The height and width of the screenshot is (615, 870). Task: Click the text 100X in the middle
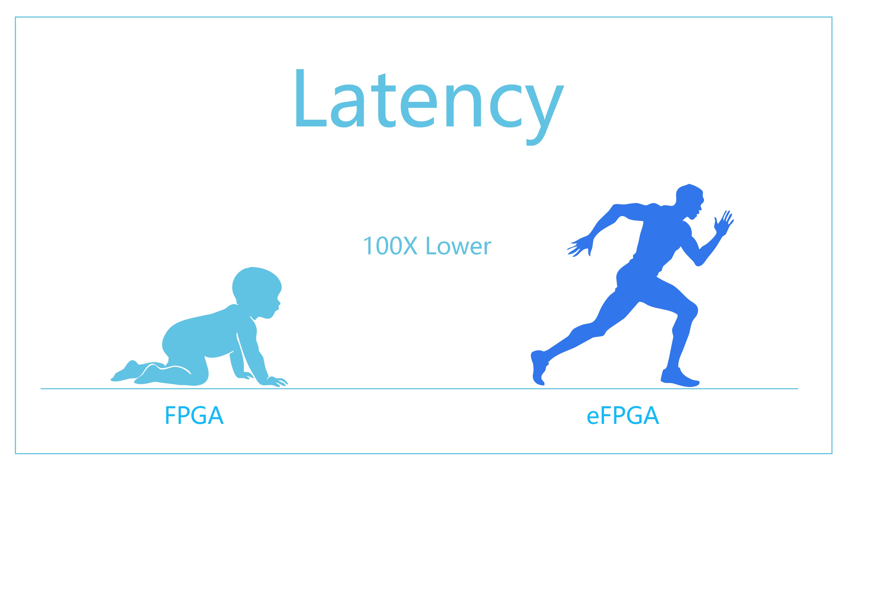click(390, 246)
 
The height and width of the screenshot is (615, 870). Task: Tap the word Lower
click(459, 246)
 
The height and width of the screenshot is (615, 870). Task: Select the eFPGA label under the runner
click(623, 415)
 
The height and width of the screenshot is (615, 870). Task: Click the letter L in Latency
click(311, 98)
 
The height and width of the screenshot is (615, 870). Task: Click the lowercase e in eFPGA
click(593, 417)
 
